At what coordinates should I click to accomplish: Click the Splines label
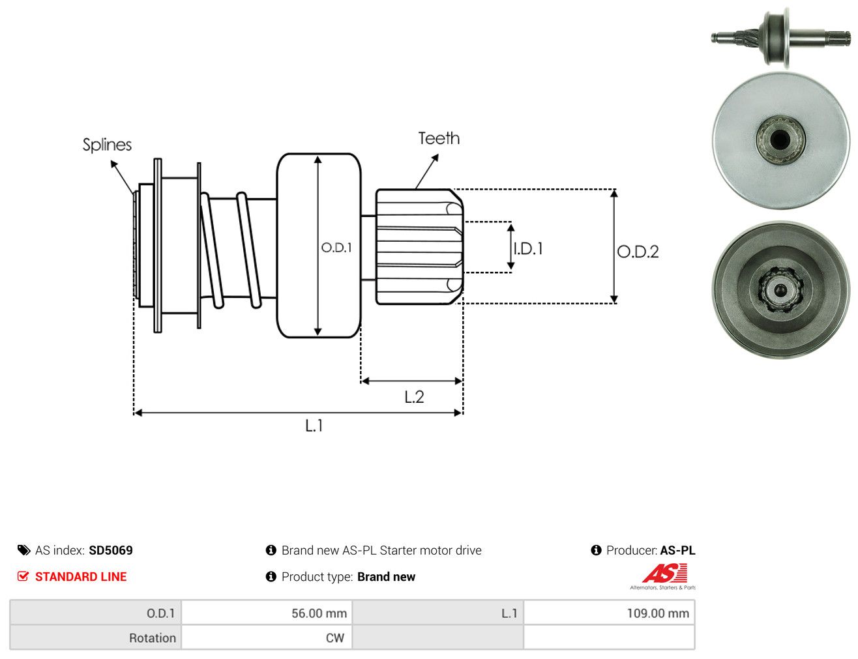107,145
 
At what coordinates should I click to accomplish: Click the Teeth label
439,138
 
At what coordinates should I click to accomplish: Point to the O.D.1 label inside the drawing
336,248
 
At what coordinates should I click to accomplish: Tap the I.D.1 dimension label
528,248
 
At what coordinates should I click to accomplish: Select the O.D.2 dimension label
638,252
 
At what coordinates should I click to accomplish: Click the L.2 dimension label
414,397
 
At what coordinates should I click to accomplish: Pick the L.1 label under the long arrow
314,426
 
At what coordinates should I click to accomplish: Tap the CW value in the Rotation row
335,638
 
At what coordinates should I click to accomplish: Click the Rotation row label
153,638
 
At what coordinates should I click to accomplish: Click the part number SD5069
111,550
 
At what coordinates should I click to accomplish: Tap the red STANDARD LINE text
81,576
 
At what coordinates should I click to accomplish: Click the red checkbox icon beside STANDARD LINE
23,576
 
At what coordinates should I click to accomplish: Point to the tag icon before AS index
23,550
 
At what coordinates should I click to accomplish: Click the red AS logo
665,574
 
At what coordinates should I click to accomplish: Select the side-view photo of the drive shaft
780,38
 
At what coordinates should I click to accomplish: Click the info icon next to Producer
596,550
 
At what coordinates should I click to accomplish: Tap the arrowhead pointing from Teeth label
435,158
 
